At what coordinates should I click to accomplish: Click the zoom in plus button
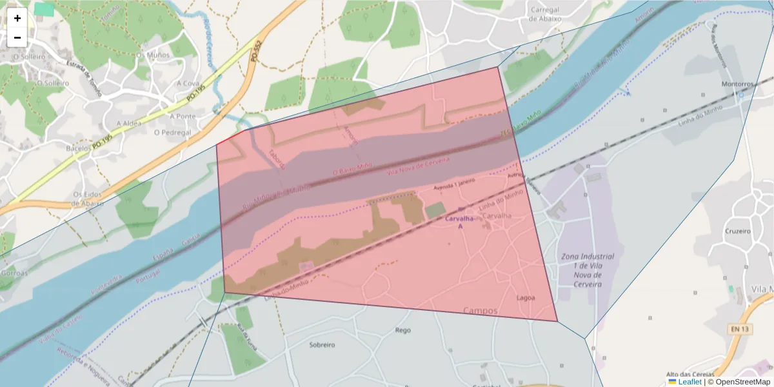(17, 18)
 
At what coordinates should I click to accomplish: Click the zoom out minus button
(17, 37)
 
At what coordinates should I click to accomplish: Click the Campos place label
(481, 311)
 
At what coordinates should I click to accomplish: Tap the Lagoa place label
(526, 297)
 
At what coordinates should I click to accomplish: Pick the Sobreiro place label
(322, 345)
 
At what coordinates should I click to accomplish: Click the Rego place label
(402, 330)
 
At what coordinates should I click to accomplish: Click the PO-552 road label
(256, 51)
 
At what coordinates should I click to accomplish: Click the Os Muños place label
(153, 55)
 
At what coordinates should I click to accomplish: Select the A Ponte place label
(183, 116)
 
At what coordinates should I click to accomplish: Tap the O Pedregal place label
(172, 132)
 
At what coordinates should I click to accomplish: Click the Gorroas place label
(14, 273)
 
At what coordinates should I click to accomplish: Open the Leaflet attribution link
(690, 382)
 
